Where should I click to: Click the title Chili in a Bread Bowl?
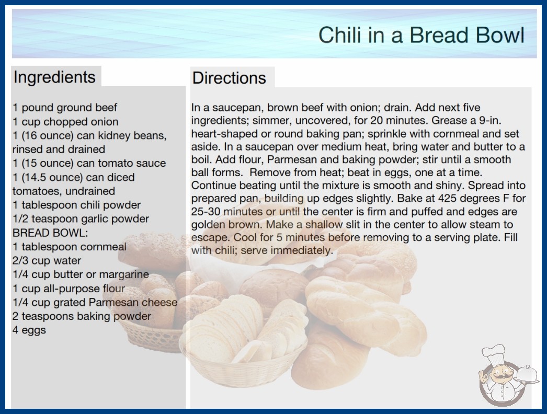421,35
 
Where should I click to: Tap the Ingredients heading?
54,77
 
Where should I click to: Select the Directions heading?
229,78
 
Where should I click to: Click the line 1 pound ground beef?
65,108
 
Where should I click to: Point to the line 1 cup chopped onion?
65,122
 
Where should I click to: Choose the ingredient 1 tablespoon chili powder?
77,205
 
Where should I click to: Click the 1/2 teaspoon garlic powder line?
81,218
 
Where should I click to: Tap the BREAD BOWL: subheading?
50,233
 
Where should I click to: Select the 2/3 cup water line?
47,260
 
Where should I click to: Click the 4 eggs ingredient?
29,330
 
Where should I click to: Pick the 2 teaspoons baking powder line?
82,316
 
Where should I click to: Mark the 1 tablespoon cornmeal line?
70,247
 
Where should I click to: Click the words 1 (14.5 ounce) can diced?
74,177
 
